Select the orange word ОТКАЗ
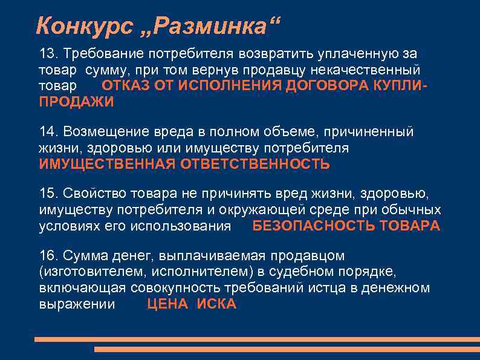coord(123,86)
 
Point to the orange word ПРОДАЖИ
coord(76,102)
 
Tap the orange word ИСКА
coord(216,304)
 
